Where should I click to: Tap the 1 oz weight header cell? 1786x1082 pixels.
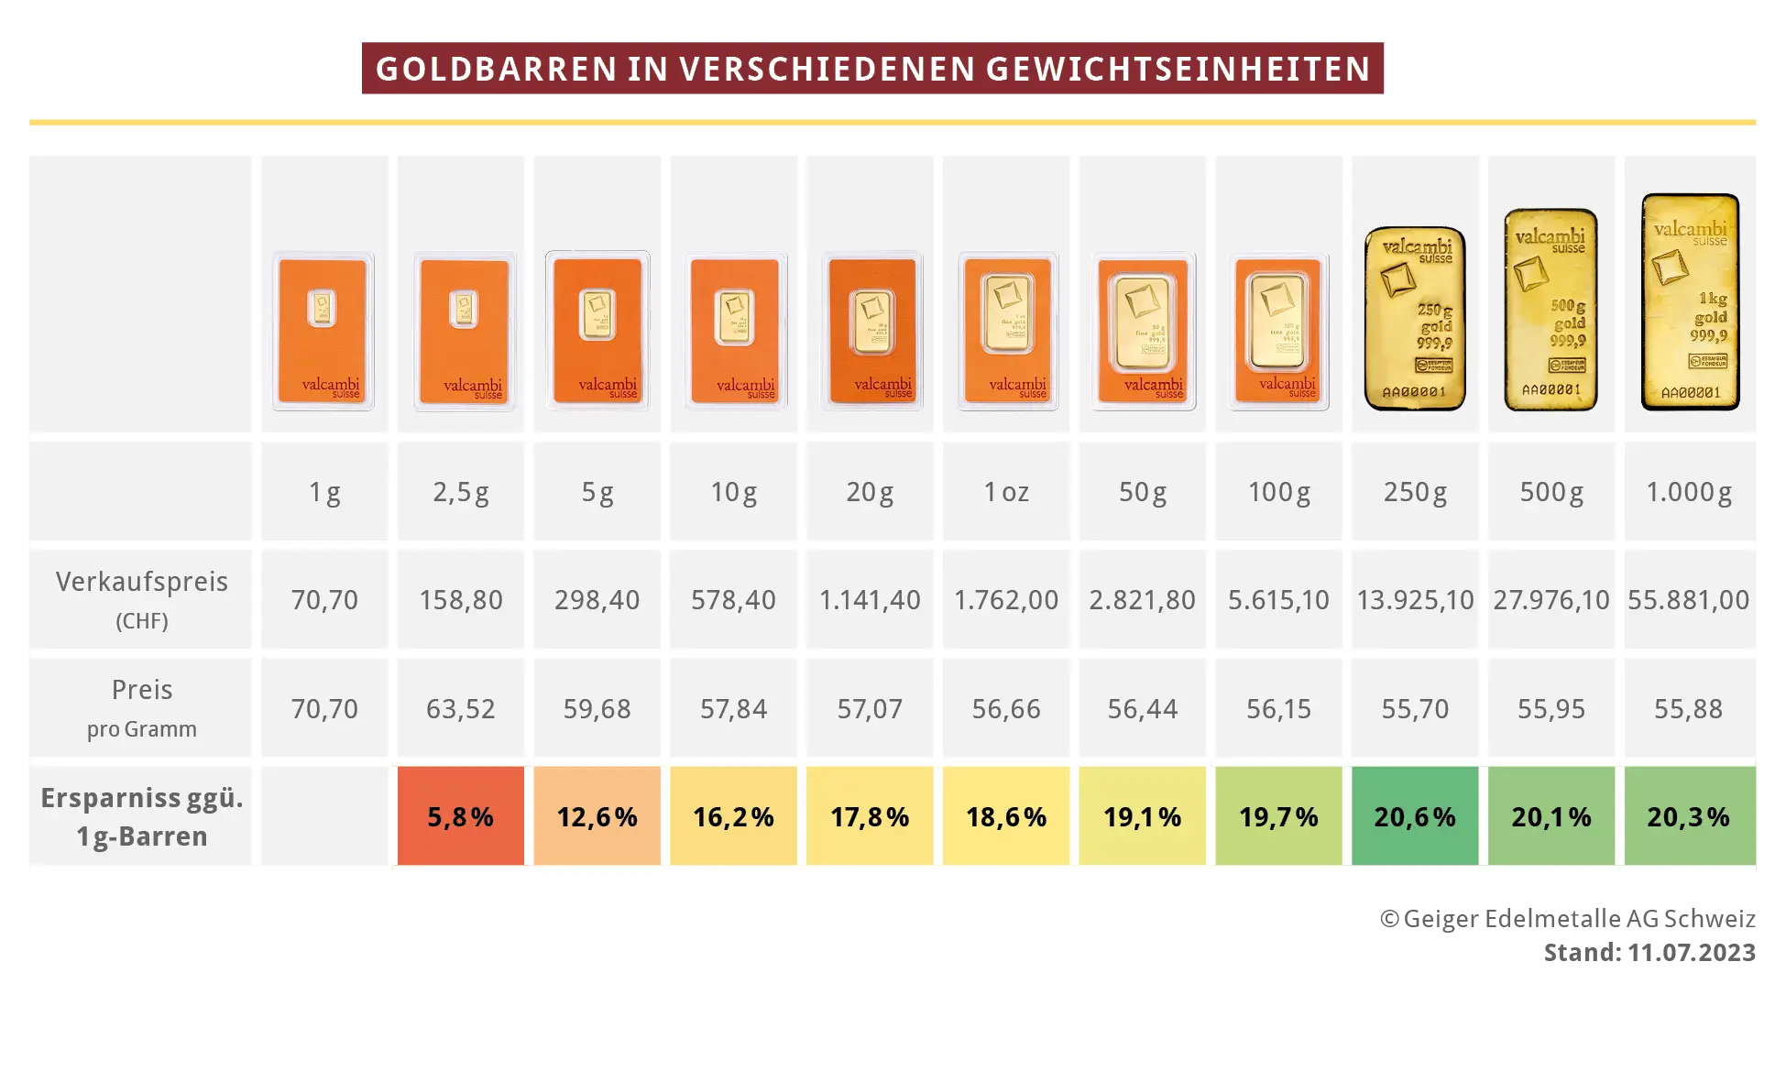pos(1006,492)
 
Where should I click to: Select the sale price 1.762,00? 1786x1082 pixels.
pos(1006,600)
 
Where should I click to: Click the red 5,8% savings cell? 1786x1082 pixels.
pos(460,816)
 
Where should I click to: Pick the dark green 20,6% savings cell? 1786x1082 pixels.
pos(1415,816)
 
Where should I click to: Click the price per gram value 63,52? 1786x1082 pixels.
pos(460,708)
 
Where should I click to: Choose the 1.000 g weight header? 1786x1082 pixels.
pos(1689,492)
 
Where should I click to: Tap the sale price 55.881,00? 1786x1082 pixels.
pos(1689,600)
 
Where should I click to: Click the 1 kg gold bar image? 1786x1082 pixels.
pos(1690,301)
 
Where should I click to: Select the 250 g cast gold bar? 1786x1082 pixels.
pos(1415,318)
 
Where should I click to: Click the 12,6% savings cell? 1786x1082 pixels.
pos(597,816)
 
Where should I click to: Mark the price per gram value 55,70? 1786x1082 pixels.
pos(1415,708)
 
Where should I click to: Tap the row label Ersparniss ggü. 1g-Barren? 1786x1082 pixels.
pos(142,816)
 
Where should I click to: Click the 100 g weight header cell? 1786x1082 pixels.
pos(1279,492)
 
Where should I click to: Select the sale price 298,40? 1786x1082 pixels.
pos(597,600)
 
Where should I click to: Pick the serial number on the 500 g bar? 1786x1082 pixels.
pos(1551,389)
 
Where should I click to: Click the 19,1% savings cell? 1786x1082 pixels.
pos(1142,816)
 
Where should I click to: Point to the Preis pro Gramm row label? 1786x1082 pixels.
pos(142,707)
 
